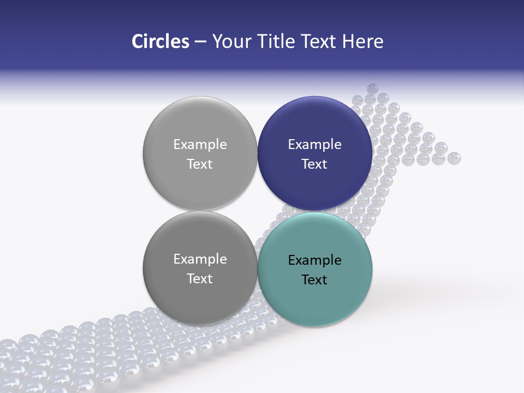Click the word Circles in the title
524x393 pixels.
(x=160, y=41)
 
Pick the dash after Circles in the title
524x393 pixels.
(x=200, y=42)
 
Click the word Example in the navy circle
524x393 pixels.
(x=314, y=145)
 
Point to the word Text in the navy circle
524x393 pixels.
(x=314, y=164)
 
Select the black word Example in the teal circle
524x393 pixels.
(x=314, y=260)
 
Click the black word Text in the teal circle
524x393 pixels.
(x=314, y=280)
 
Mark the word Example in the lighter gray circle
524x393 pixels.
(x=200, y=145)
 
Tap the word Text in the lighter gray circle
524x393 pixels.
(x=200, y=164)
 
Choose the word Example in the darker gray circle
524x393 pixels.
(x=200, y=259)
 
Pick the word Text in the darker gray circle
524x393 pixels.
(x=200, y=279)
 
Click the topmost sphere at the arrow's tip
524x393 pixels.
(x=372, y=88)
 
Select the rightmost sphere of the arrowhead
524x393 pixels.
(x=454, y=158)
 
